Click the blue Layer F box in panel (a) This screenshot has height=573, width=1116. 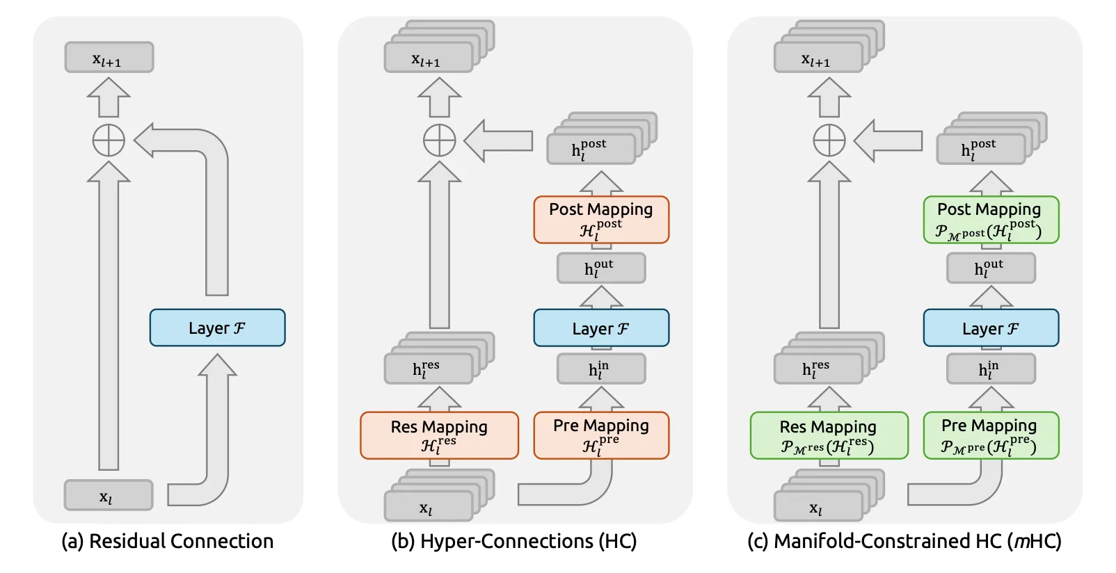(217, 328)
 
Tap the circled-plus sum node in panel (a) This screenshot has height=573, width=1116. (109, 140)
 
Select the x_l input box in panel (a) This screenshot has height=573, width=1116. (108, 495)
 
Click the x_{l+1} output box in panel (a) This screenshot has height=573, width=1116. (109, 58)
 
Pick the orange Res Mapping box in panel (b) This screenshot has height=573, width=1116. (439, 435)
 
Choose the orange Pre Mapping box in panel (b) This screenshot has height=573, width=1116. (601, 435)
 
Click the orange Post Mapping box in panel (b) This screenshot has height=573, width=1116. (601, 219)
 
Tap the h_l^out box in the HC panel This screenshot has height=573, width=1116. (600, 268)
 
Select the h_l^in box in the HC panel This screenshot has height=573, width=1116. (600, 369)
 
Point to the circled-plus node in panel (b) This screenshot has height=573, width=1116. (440, 140)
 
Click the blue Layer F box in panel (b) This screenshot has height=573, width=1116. (601, 328)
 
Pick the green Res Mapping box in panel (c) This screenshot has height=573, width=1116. (829, 435)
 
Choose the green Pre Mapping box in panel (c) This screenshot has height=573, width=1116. (991, 435)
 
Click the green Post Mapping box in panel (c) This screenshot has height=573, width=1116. (991, 219)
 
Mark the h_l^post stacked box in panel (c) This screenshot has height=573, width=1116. (980, 149)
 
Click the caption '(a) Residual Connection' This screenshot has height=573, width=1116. (168, 541)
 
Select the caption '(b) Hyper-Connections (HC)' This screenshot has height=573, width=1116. (513, 541)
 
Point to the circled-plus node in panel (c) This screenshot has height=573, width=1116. (829, 140)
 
